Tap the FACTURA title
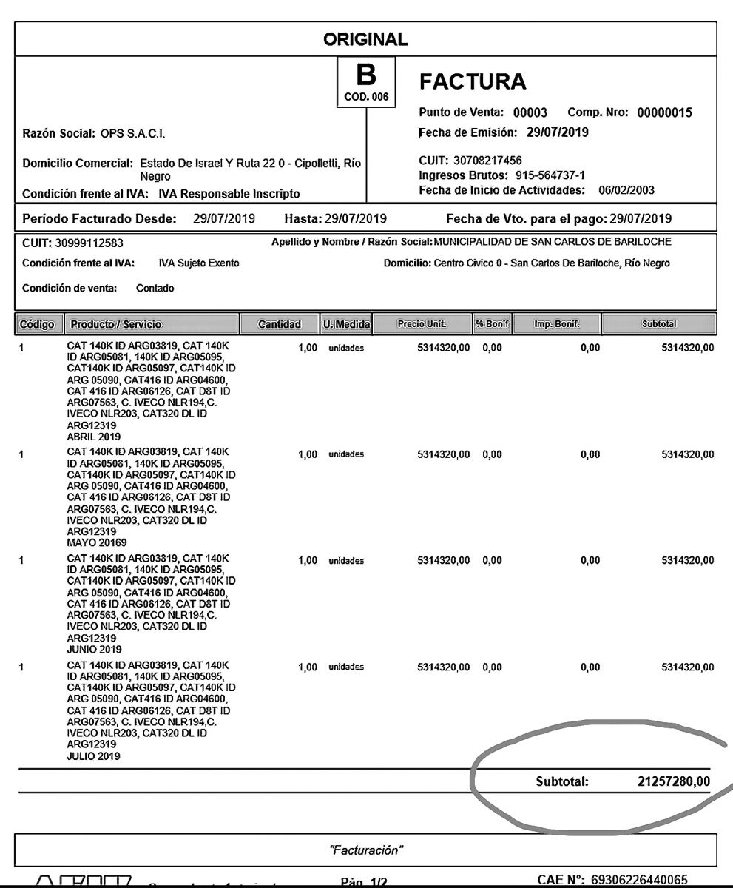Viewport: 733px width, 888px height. pos(473,83)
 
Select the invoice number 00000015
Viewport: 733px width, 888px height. pos(664,113)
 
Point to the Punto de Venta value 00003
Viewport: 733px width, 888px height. pos(530,113)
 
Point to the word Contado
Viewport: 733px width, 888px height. pos(155,288)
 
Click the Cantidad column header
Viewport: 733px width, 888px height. pos(279,324)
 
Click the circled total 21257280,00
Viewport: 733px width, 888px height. pos(673,781)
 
